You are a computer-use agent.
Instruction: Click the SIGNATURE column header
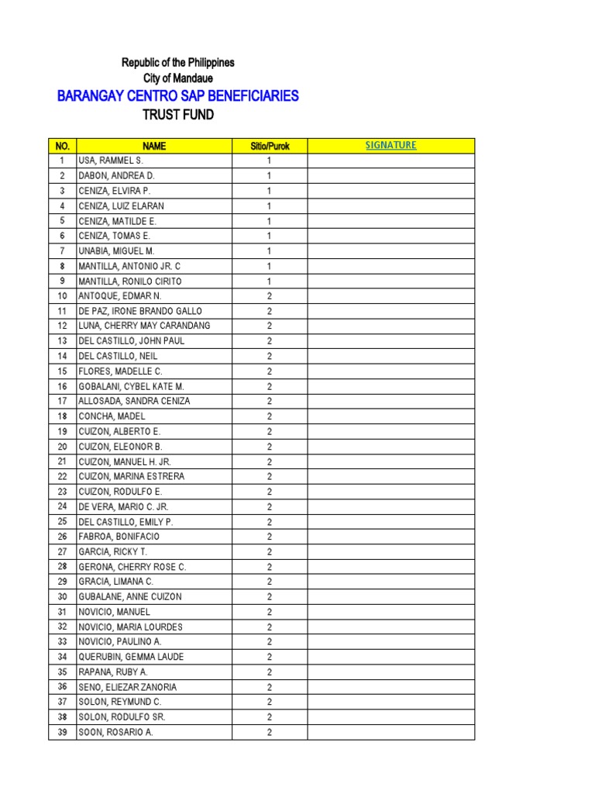pos(390,145)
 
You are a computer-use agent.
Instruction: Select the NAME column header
pos(153,146)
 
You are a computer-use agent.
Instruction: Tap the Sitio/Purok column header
pos(270,146)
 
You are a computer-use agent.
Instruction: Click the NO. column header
pos(62,146)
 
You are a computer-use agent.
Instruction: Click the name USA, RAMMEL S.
pos(110,161)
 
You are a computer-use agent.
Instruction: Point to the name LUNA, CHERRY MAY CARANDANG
pos(144,326)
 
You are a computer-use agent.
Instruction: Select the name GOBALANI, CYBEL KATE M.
pos(131,386)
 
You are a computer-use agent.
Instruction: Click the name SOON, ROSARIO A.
pos(115,732)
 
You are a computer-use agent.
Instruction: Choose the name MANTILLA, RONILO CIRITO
pos(129,281)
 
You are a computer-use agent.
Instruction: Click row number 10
pos(62,296)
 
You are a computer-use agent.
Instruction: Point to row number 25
pos(62,521)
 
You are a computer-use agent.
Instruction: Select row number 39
pos(62,732)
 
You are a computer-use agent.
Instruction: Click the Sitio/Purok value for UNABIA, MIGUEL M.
pos(270,251)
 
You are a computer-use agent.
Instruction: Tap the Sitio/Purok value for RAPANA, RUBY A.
pos(270,672)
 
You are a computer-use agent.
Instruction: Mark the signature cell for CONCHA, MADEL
pos(390,416)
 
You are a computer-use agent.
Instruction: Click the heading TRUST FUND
pos(178,116)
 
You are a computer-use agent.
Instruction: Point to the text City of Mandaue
pos(178,78)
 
